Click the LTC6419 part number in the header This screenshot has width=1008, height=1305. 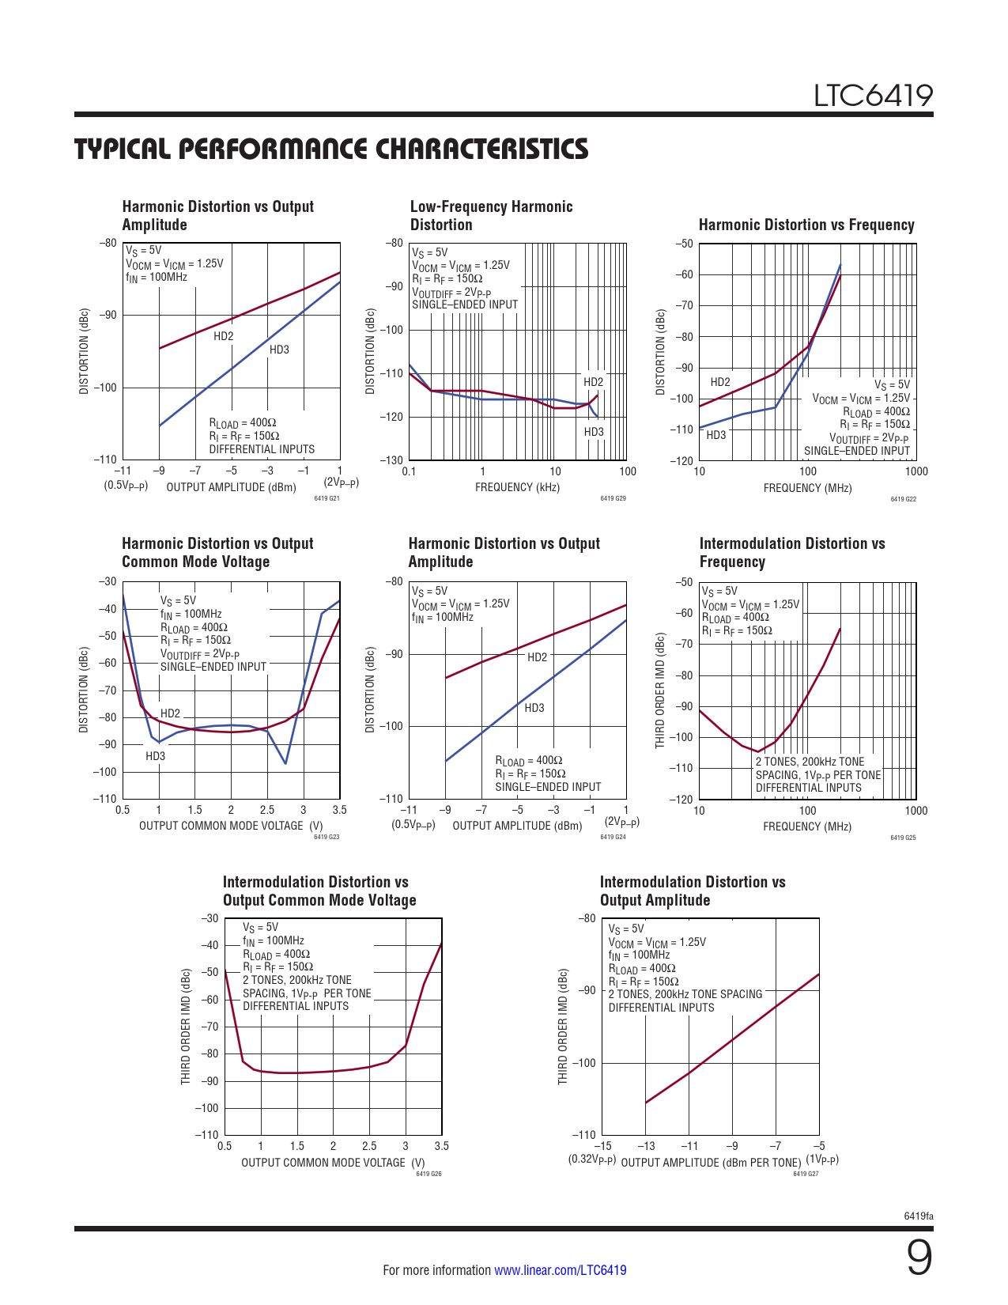[x=874, y=96]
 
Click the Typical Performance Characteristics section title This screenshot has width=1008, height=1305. [x=331, y=149]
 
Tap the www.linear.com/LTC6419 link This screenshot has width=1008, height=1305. [x=560, y=1270]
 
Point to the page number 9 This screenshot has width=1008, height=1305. [x=919, y=1258]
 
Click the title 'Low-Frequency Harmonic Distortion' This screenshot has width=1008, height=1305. [x=491, y=215]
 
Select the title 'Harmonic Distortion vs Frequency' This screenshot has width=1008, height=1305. [x=806, y=225]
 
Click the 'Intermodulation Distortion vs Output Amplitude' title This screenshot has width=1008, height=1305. [x=693, y=891]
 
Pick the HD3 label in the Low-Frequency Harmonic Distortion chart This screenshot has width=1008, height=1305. [x=594, y=432]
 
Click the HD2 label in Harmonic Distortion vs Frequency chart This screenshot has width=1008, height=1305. [x=720, y=382]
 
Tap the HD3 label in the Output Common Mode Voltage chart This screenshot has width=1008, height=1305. [x=156, y=756]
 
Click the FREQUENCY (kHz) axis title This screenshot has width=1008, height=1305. [x=517, y=487]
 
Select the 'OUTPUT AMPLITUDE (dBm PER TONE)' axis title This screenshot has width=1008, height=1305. [x=712, y=1163]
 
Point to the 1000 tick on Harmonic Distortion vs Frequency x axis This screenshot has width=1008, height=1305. [x=916, y=471]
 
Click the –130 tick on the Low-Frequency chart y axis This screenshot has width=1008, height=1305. [x=393, y=460]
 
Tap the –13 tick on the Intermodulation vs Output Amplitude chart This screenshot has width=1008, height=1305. [x=646, y=1146]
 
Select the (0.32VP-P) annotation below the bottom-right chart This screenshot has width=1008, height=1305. [x=592, y=1159]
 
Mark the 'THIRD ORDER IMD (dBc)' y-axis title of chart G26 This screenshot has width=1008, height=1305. [x=187, y=1026]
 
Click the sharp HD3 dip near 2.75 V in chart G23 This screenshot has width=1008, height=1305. [x=285, y=763]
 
